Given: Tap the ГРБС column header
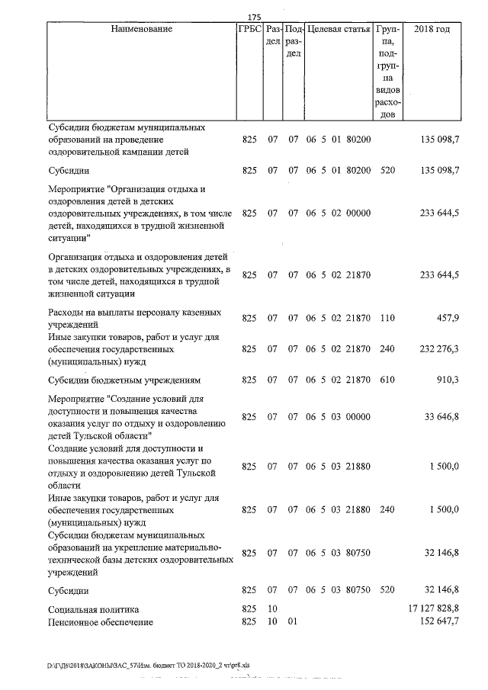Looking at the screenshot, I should (250, 29).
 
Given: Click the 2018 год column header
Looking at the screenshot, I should (431, 29).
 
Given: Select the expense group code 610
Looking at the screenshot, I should (387, 379).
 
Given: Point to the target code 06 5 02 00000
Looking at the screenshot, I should (339, 214).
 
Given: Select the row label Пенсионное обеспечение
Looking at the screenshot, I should (100, 623).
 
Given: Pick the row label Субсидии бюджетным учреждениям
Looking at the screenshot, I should (123, 379).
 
